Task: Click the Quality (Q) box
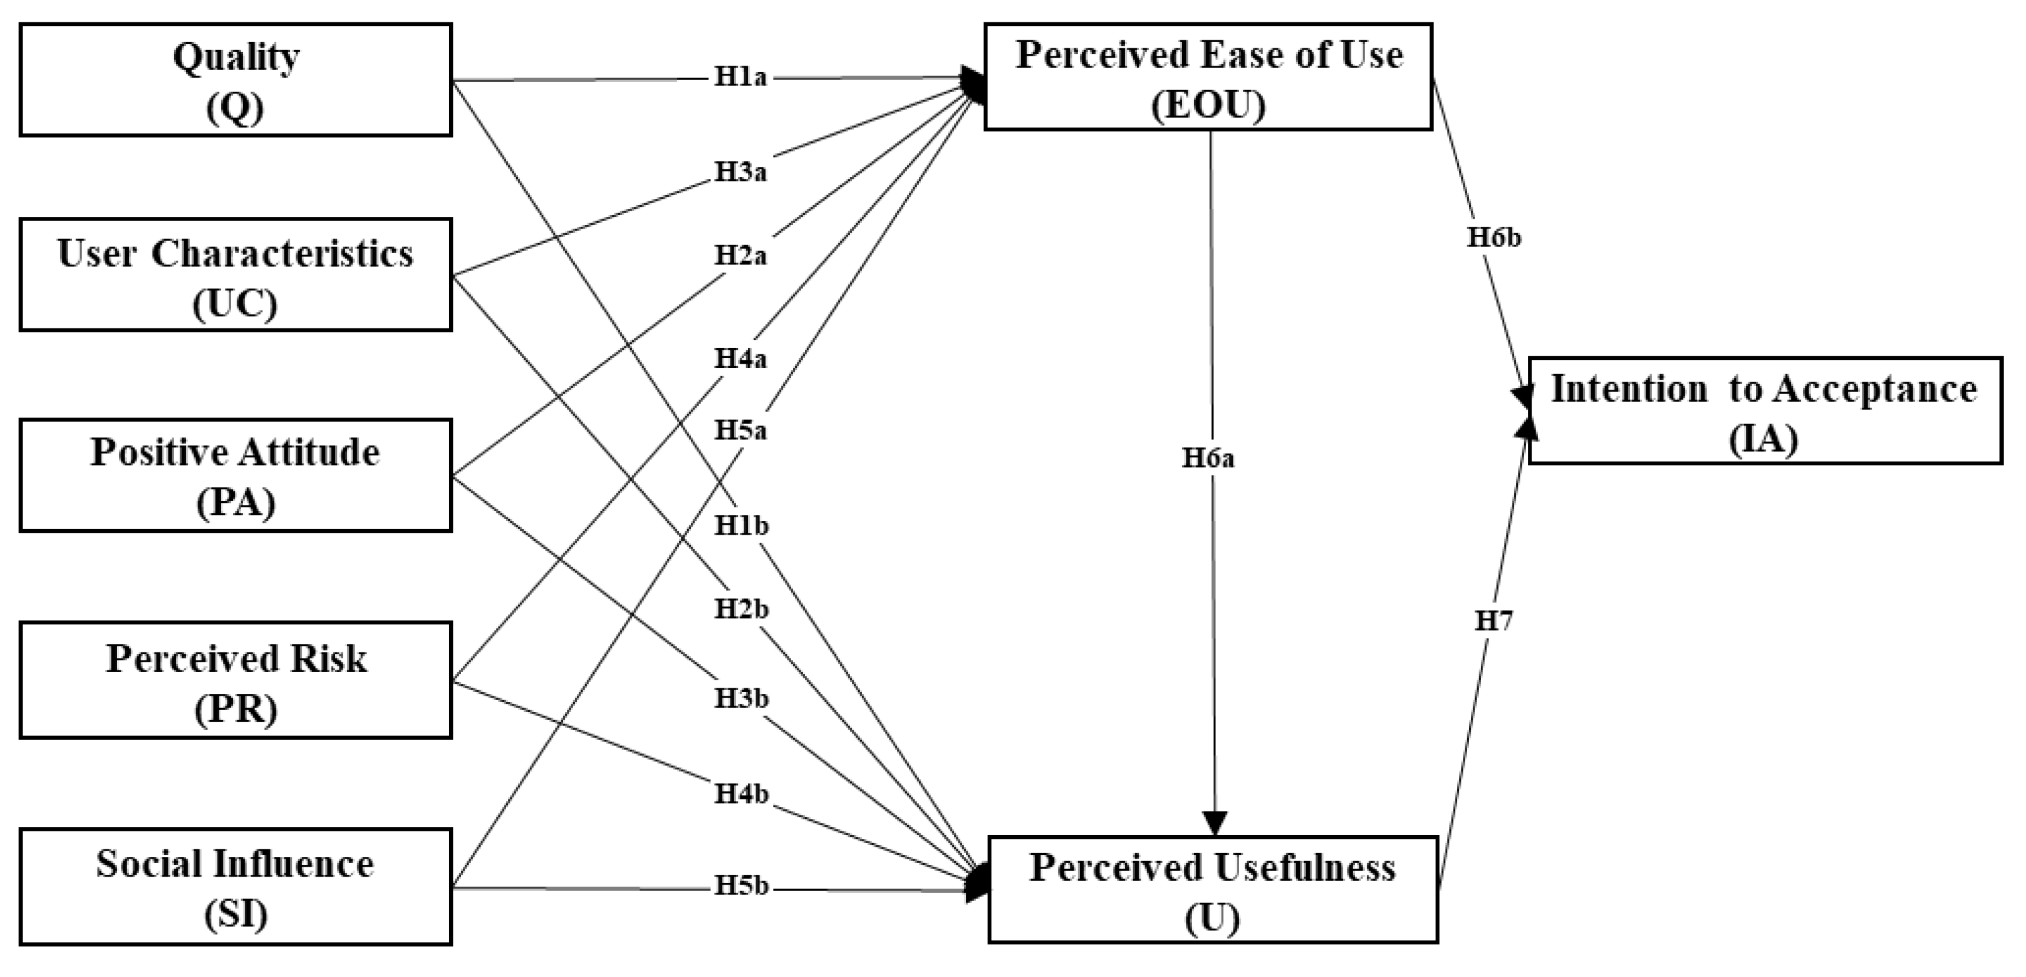tap(235, 79)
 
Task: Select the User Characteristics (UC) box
tap(235, 274)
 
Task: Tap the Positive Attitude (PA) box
tap(235, 475)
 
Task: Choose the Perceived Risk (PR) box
tap(235, 680)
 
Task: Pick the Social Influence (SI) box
tap(235, 887)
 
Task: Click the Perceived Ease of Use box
tap(1208, 76)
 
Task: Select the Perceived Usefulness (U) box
tap(1213, 890)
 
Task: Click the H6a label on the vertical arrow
tap(1208, 458)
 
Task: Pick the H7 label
tap(1493, 621)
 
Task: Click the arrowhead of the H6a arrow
tap(1215, 823)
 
